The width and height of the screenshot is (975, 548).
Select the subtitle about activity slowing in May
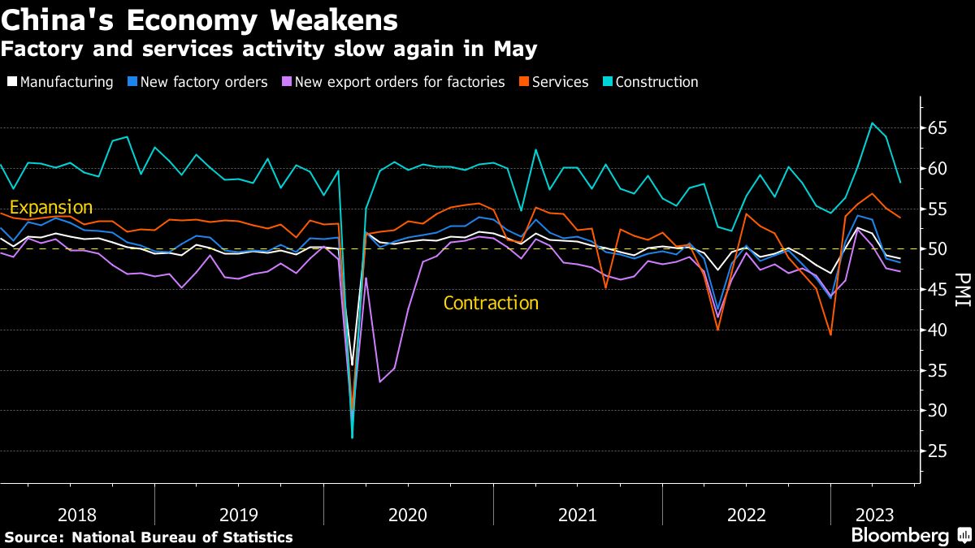point(268,49)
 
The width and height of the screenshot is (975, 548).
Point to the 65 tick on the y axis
point(938,128)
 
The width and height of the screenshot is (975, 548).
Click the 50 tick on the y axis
point(938,249)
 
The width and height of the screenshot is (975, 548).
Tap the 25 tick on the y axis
point(938,451)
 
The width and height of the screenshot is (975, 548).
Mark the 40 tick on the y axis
point(938,330)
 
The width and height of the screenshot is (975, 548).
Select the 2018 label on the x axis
point(78,515)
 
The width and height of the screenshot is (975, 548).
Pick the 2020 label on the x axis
point(408,515)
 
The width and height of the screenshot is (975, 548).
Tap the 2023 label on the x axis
point(874,515)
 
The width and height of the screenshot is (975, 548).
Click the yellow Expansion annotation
point(50,207)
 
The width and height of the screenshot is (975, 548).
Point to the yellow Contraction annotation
point(491,304)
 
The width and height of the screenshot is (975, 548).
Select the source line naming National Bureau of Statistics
point(149,537)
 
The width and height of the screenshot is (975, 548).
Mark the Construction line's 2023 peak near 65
point(872,123)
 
